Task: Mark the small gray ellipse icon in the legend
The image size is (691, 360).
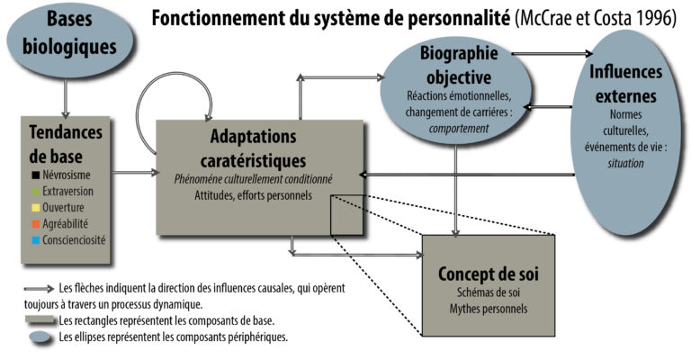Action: [x=40, y=337]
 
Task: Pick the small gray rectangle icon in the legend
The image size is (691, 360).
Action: [x=40, y=320]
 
